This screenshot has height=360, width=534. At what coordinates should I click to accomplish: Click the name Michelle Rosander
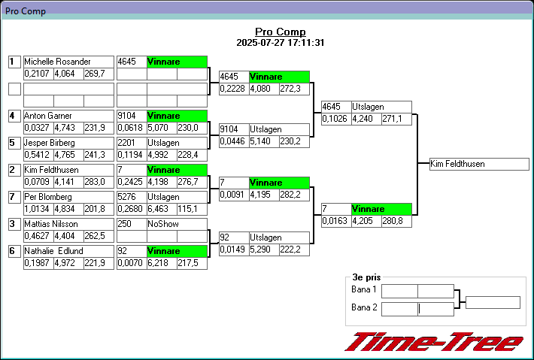(x=57, y=62)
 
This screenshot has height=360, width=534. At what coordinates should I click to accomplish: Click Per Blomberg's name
(x=48, y=197)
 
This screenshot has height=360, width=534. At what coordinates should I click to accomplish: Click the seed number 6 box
(x=14, y=252)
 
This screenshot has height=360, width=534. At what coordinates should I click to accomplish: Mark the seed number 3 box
(x=14, y=224)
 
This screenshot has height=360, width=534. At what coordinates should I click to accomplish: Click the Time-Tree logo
(x=434, y=342)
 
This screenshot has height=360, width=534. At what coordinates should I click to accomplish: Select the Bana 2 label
(x=364, y=307)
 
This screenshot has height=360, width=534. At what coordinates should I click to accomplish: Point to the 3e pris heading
(x=366, y=277)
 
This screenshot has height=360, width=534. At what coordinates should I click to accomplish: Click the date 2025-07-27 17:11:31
(x=281, y=43)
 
